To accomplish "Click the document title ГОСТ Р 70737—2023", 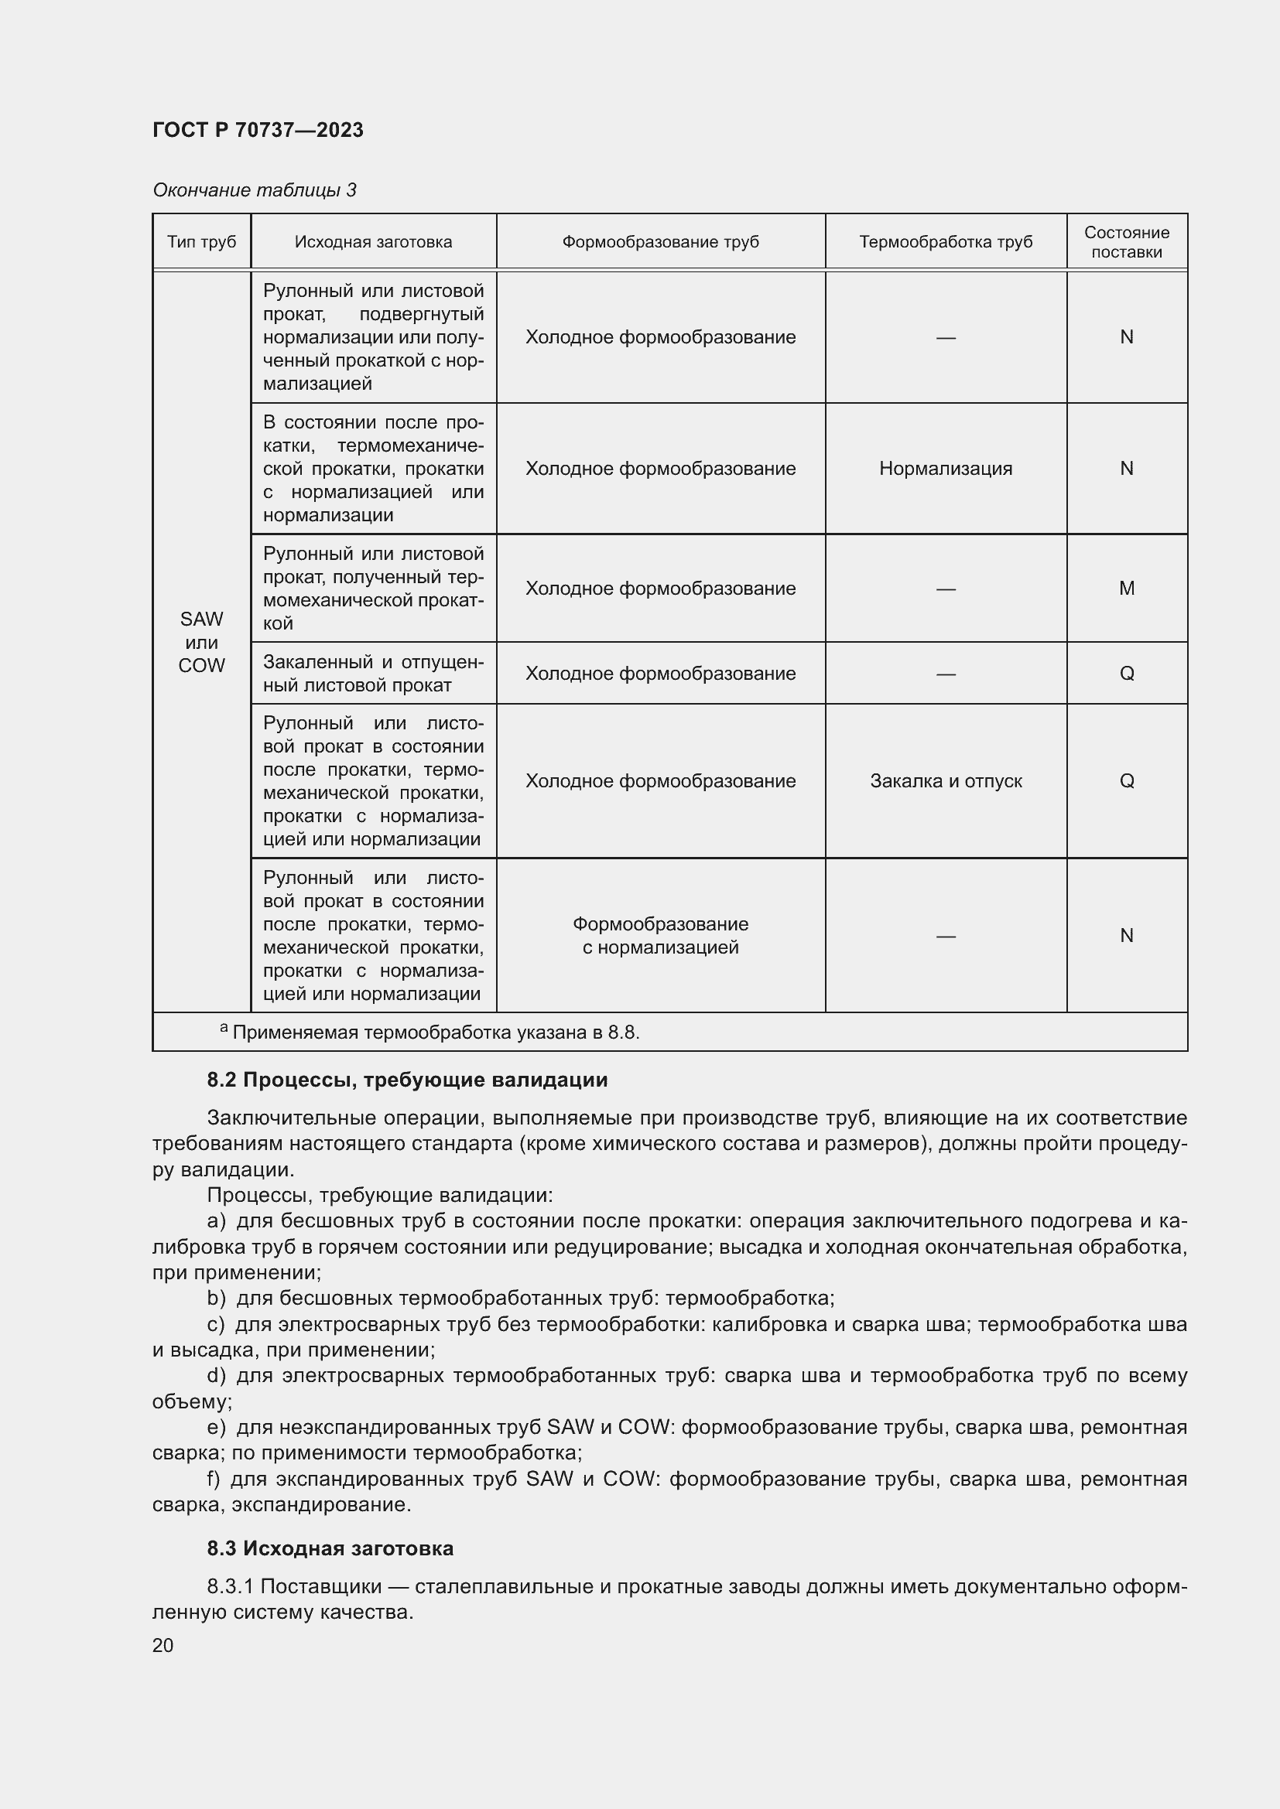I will coord(258,130).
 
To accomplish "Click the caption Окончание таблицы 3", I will coord(254,190).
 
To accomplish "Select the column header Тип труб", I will coord(202,242).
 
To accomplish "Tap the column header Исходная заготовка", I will coord(373,242).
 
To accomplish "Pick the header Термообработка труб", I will coord(945,242).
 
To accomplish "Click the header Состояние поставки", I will coord(1126,242).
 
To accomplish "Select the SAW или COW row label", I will coord(202,642).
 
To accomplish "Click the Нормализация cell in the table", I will coord(945,469).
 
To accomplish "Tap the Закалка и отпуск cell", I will coord(945,781).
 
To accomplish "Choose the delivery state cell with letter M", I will coord(1126,589).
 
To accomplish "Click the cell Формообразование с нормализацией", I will coord(660,935).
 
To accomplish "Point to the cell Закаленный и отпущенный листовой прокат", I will coord(373,674).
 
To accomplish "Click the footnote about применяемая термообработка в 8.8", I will coord(434,1032).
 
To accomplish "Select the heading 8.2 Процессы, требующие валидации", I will coord(407,1080).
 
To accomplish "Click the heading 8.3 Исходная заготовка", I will coord(330,1549).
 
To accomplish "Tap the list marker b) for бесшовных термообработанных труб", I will coord(216,1298).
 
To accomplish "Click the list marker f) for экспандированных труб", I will coord(214,1479).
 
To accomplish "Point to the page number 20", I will coord(163,1645).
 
